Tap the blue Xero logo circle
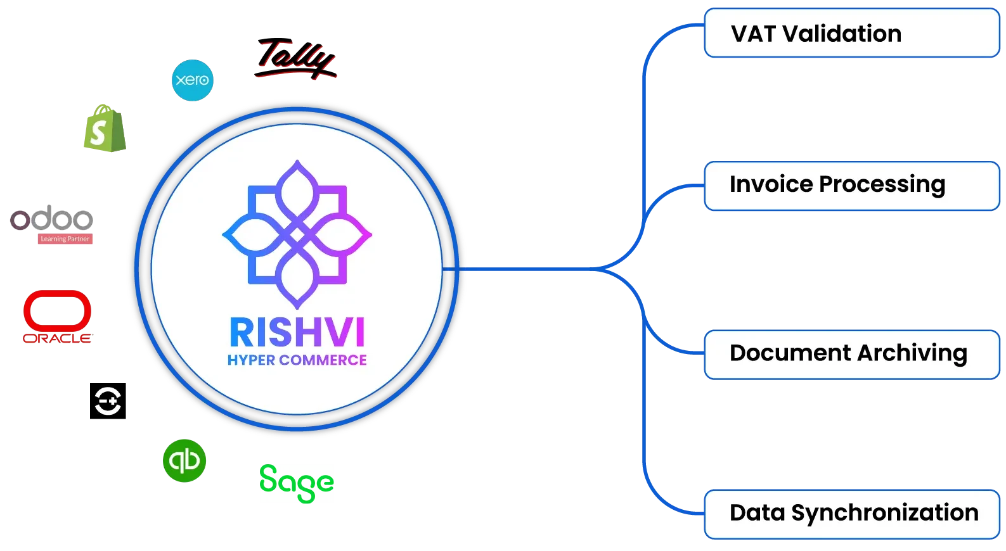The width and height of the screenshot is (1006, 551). coord(193,80)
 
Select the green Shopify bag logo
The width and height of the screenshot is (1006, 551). coord(104,128)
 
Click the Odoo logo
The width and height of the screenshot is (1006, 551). coord(52,220)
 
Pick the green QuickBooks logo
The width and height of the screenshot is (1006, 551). coord(184,460)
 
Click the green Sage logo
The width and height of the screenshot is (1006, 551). coord(297,484)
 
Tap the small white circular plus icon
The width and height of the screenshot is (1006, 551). coord(108,401)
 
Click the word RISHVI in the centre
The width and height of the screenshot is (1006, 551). coord(297,333)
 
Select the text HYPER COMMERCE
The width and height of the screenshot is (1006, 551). coord(297,360)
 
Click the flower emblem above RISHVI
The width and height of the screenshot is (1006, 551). coord(297,234)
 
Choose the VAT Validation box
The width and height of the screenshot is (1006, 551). coord(851,34)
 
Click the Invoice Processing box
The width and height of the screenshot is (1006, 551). coord(851,186)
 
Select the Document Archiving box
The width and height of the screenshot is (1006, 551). coord(851,354)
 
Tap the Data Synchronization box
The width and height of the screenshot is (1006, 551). coord(851,514)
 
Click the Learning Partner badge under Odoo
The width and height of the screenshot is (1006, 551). coord(65,239)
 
